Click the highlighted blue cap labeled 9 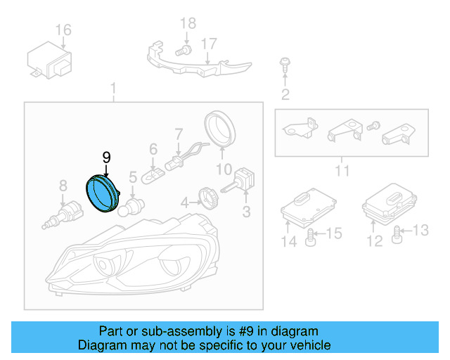coord(102,193)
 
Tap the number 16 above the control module coord(63,30)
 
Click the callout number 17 coord(209,43)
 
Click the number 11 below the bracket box coord(342,171)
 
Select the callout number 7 coord(179,133)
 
